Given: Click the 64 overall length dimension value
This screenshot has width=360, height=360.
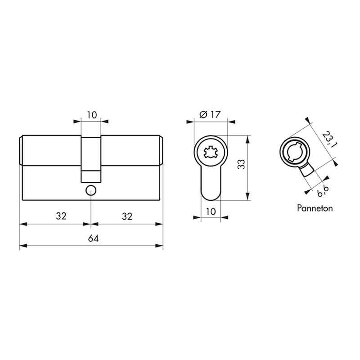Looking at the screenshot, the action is [93, 238].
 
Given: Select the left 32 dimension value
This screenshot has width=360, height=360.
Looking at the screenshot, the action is [61, 216].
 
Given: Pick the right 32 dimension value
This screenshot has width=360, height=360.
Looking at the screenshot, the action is [127, 216].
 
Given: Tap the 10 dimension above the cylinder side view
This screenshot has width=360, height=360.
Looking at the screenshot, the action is [92, 115].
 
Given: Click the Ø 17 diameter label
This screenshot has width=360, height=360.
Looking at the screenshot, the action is [210, 114].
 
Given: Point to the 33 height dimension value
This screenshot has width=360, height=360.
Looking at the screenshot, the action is [242, 164].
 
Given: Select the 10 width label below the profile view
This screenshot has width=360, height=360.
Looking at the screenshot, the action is [211, 211].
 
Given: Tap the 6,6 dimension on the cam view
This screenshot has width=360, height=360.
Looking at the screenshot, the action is [323, 191].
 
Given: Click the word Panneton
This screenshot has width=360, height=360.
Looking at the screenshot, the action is [315, 208].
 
